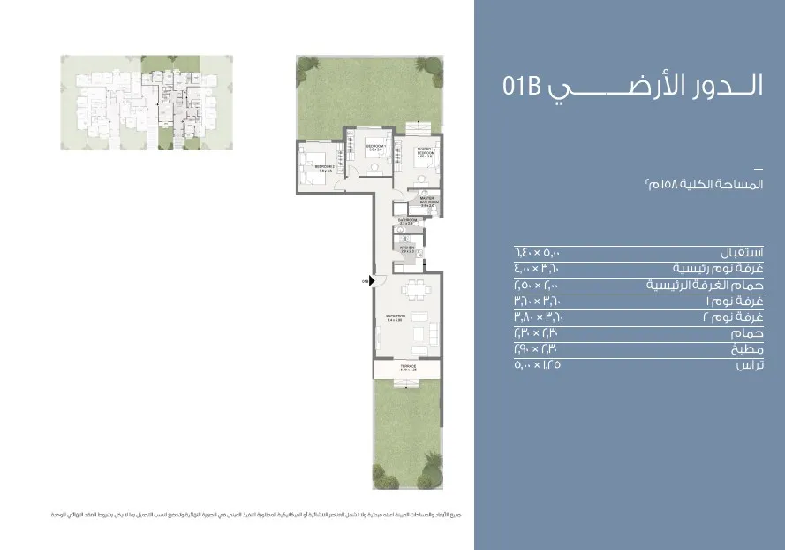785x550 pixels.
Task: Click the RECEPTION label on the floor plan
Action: click(x=395, y=317)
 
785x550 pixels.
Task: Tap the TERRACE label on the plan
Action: click(x=407, y=366)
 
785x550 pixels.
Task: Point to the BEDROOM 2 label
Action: click(x=323, y=165)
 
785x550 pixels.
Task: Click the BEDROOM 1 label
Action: click(x=364, y=147)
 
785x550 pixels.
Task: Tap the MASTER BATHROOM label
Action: click(x=429, y=201)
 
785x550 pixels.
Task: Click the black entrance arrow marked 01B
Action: click(x=372, y=281)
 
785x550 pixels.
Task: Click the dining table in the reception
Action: click(x=411, y=288)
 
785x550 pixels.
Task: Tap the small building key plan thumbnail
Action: click(x=147, y=103)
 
